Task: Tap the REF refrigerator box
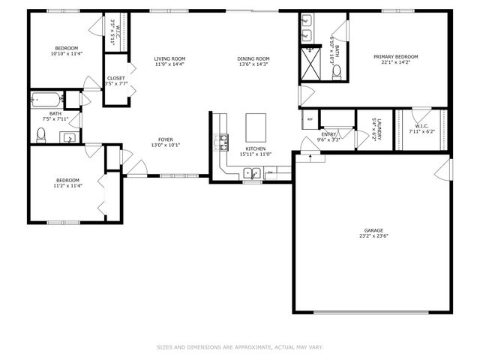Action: [x=309, y=118]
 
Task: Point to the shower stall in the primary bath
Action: [x=310, y=64]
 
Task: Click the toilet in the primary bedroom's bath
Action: [x=337, y=72]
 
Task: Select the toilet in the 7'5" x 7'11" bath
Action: [x=42, y=135]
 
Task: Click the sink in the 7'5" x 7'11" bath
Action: [x=68, y=137]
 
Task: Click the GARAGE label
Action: [x=373, y=230]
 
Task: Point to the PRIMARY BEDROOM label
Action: [x=396, y=57]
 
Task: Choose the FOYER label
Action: [x=166, y=140]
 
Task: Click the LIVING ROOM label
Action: [x=169, y=58]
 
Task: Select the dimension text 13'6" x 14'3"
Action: [x=253, y=64]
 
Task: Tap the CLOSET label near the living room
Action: [x=115, y=78]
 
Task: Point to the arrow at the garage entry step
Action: [x=307, y=157]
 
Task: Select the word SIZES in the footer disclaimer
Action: [x=164, y=347]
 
